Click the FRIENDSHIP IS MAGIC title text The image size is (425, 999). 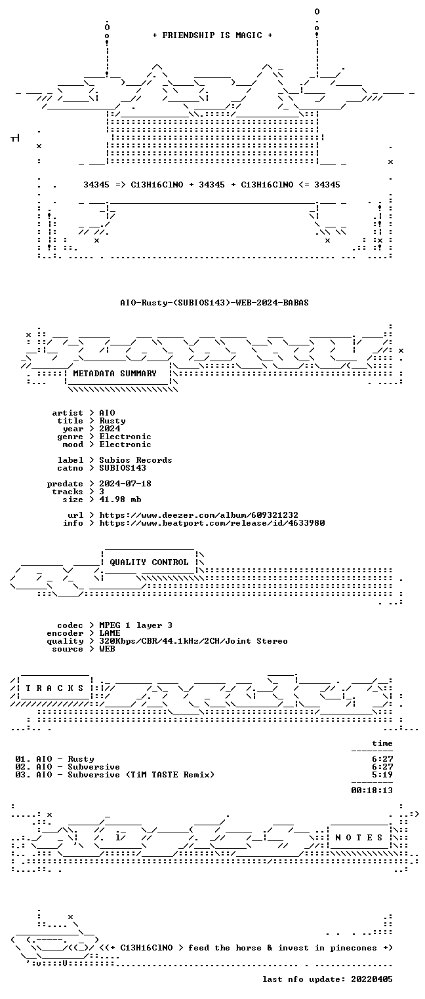click(212, 35)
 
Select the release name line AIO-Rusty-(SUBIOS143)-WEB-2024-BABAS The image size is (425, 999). click(214, 303)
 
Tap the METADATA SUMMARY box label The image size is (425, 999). click(115, 374)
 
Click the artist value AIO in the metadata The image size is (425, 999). click(107, 413)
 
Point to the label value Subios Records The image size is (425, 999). click(136, 460)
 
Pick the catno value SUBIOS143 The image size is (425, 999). click(123, 468)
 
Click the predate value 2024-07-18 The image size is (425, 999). click(125, 484)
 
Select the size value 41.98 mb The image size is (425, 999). click(120, 499)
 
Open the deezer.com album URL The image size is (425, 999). click(199, 515)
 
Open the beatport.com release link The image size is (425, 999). click(212, 523)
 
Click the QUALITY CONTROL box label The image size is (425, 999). click(149, 562)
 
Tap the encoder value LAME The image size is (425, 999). click(110, 633)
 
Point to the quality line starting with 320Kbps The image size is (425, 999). click(193, 641)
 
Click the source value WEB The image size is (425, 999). click(107, 650)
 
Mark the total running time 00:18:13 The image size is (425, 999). click(372, 791)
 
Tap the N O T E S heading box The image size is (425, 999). click(359, 838)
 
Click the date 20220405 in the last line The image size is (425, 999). click(372, 979)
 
